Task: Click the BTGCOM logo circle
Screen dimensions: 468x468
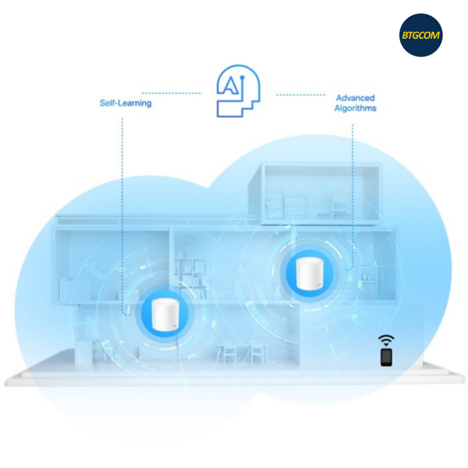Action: [x=420, y=35]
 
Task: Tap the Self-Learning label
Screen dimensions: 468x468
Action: [x=125, y=103]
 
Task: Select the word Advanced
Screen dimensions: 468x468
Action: [x=355, y=98]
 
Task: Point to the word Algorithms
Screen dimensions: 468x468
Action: [x=355, y=108]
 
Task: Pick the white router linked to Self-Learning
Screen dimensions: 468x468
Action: [x=163, y=316]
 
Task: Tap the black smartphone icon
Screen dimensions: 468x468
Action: [x=387, y=357]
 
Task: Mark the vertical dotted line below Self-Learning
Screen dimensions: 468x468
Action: [x=122, y=206]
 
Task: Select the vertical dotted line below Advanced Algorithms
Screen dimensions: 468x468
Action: [x=352, y=192]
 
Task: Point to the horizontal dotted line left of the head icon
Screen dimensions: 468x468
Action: [x=171, y=93]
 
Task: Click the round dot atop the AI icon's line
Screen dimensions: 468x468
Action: [x=243, y=79]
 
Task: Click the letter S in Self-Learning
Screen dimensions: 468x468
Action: [x=102, y=103]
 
